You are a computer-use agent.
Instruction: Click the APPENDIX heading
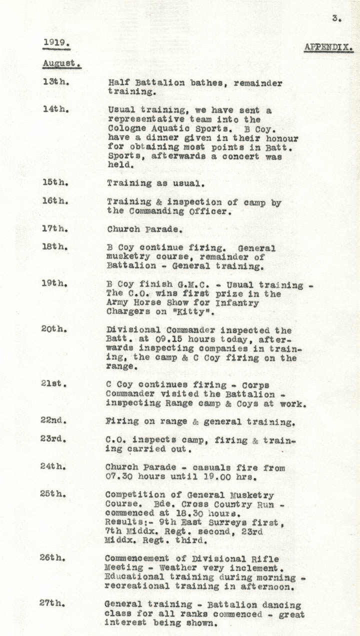tap(328, 48)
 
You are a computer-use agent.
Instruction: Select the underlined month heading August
tap(60, 63)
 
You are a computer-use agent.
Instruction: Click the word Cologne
tap(125, 129)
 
